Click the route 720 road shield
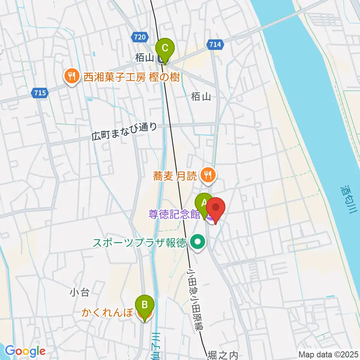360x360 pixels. click(139, 37)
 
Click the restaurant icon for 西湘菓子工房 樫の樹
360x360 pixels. click(70, 76)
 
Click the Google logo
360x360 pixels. click(25, 351)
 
